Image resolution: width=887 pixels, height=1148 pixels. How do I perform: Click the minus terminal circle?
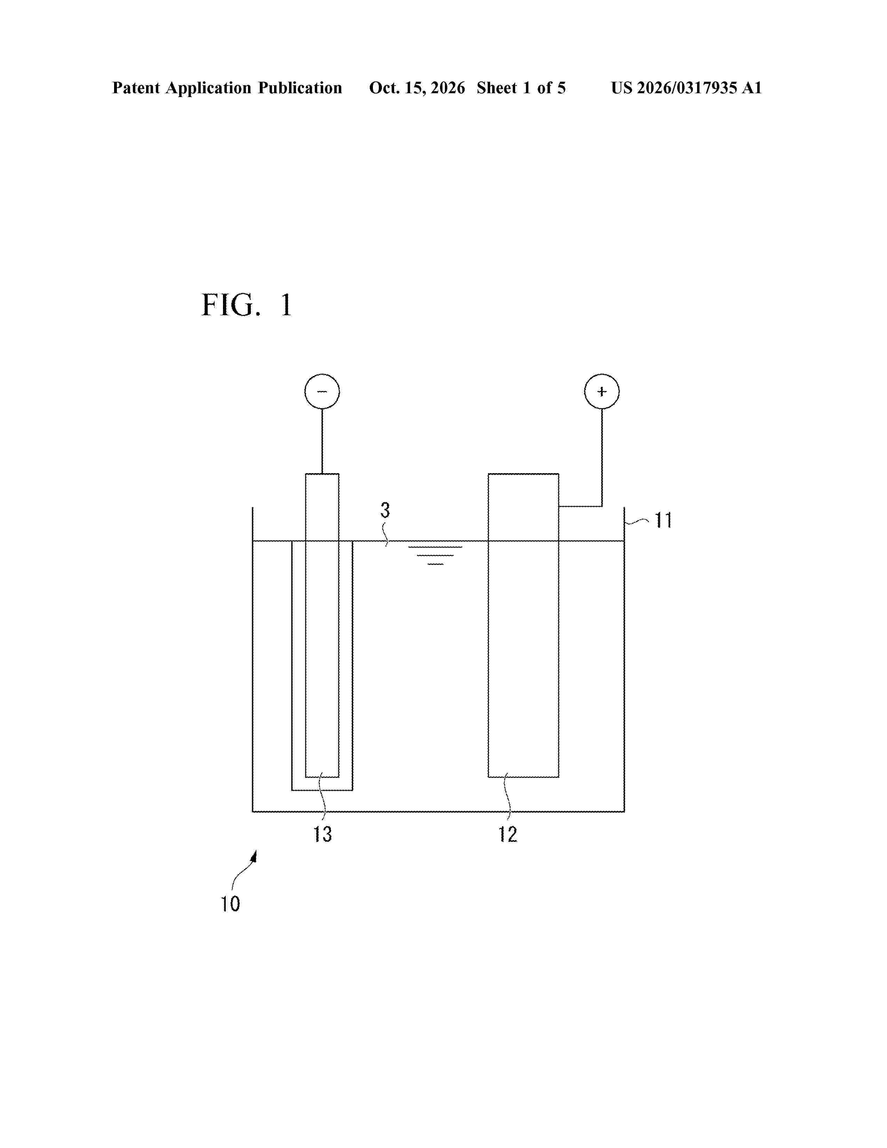(322, 392)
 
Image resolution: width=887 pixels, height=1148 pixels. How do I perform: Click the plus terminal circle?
(602, 392)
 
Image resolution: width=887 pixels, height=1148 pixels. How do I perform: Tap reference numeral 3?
(385, 510)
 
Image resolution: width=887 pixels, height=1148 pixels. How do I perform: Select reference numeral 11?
(663, 521)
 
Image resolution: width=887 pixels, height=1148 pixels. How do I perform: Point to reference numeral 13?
(323, 834)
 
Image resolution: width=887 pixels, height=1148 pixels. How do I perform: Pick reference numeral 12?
(508, 834)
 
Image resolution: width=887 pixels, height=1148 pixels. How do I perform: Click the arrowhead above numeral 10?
(254, 857)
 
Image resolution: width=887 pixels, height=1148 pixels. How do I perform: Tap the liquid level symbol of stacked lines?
(435, 555)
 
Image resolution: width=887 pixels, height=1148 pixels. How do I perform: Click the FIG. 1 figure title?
(247, 305)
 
